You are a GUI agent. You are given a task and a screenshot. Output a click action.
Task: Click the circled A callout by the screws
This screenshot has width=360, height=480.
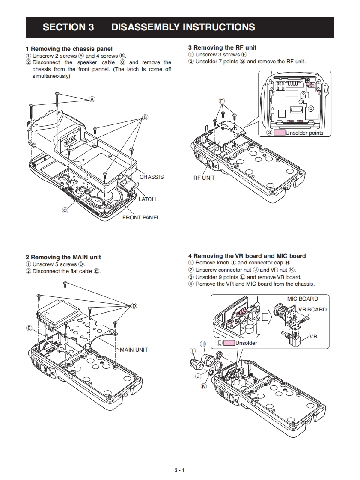click(x=92, y=99)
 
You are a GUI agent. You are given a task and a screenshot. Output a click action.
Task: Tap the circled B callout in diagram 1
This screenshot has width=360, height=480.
click(x=145, y=117)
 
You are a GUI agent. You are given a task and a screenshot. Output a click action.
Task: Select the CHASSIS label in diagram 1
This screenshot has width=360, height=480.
click(x=151, y=177)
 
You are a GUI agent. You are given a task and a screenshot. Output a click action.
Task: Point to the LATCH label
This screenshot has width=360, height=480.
click(x=147, y=199)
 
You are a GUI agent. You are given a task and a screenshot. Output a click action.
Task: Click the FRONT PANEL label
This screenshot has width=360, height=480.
click(x=141, y=218)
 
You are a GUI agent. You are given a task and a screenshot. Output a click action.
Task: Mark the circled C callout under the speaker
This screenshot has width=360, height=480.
click(x=65, y=210)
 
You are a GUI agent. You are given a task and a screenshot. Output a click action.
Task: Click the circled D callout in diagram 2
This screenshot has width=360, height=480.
click(x=134, y=305)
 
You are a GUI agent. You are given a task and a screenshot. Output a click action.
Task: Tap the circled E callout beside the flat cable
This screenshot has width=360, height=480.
click(x=29, y=328)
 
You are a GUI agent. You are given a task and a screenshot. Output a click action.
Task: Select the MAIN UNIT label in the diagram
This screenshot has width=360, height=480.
click(x=134, y=350)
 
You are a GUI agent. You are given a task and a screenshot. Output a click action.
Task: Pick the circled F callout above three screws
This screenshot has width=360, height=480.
click(x=222, y=101)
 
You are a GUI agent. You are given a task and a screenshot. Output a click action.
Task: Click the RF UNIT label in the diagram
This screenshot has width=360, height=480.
click(x=204, y=178)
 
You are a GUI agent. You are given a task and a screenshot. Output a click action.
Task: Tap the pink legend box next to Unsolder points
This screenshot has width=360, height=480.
click(x=280, y=133)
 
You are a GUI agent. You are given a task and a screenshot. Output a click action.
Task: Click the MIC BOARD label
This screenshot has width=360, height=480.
click(x=302, y=299)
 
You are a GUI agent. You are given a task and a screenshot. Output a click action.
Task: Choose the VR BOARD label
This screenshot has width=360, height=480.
click(x=312, y=309)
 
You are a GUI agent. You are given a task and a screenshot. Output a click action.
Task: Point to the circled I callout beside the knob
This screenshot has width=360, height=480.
click(x=193, y=351)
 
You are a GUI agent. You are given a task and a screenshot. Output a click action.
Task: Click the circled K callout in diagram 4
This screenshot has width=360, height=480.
click(x=204, y=386)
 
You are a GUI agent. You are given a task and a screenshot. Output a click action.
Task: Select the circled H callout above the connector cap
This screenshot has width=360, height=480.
click(x=203, y=344)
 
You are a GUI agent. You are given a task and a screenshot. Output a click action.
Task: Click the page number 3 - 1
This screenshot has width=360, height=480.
click(x=179, y=470)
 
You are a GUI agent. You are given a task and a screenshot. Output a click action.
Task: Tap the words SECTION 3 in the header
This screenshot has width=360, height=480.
click(x=68, y=27)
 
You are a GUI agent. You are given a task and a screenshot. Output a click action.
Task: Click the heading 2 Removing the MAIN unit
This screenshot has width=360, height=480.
click(x=63, y=257)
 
